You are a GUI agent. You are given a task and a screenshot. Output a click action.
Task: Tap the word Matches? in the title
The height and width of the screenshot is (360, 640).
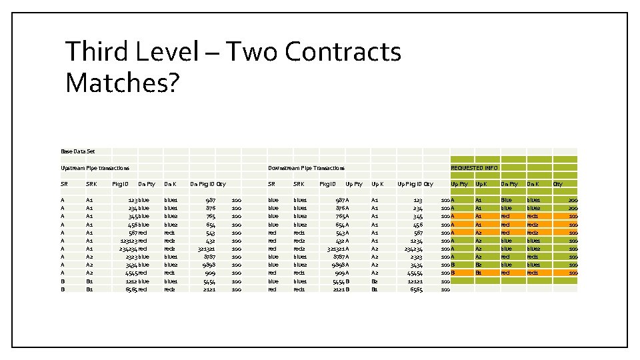122,82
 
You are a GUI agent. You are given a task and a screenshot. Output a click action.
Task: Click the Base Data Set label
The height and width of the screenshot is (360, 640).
78,151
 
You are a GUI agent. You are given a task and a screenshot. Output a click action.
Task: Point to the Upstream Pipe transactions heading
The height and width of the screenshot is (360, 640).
95,168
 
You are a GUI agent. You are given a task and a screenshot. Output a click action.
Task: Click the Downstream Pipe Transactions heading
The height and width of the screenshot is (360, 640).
306,168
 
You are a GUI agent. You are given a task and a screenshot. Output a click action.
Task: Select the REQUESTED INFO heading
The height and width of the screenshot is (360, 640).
474,168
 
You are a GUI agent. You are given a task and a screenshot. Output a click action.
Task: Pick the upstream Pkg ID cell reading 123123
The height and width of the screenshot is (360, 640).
129,240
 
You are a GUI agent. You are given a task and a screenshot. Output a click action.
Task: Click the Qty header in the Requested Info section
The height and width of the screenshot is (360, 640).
557,183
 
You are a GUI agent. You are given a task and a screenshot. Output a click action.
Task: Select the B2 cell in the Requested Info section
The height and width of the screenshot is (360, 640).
479,265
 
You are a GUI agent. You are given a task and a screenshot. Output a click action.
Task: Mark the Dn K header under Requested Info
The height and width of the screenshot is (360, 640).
533,183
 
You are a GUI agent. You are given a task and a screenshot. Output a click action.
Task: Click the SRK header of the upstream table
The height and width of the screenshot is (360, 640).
91,183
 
